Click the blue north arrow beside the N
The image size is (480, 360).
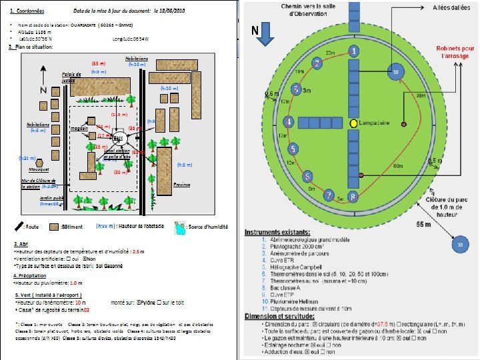265,38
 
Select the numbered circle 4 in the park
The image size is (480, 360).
289,121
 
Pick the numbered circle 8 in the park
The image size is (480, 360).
353,197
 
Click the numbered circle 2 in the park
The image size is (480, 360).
317,63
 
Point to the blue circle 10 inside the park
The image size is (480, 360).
395,72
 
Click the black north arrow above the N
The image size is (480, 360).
43,73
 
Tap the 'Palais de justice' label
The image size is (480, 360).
71,75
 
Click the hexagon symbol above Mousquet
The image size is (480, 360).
40,163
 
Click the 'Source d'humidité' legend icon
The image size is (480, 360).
178,228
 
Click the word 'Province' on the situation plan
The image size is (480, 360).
182,185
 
